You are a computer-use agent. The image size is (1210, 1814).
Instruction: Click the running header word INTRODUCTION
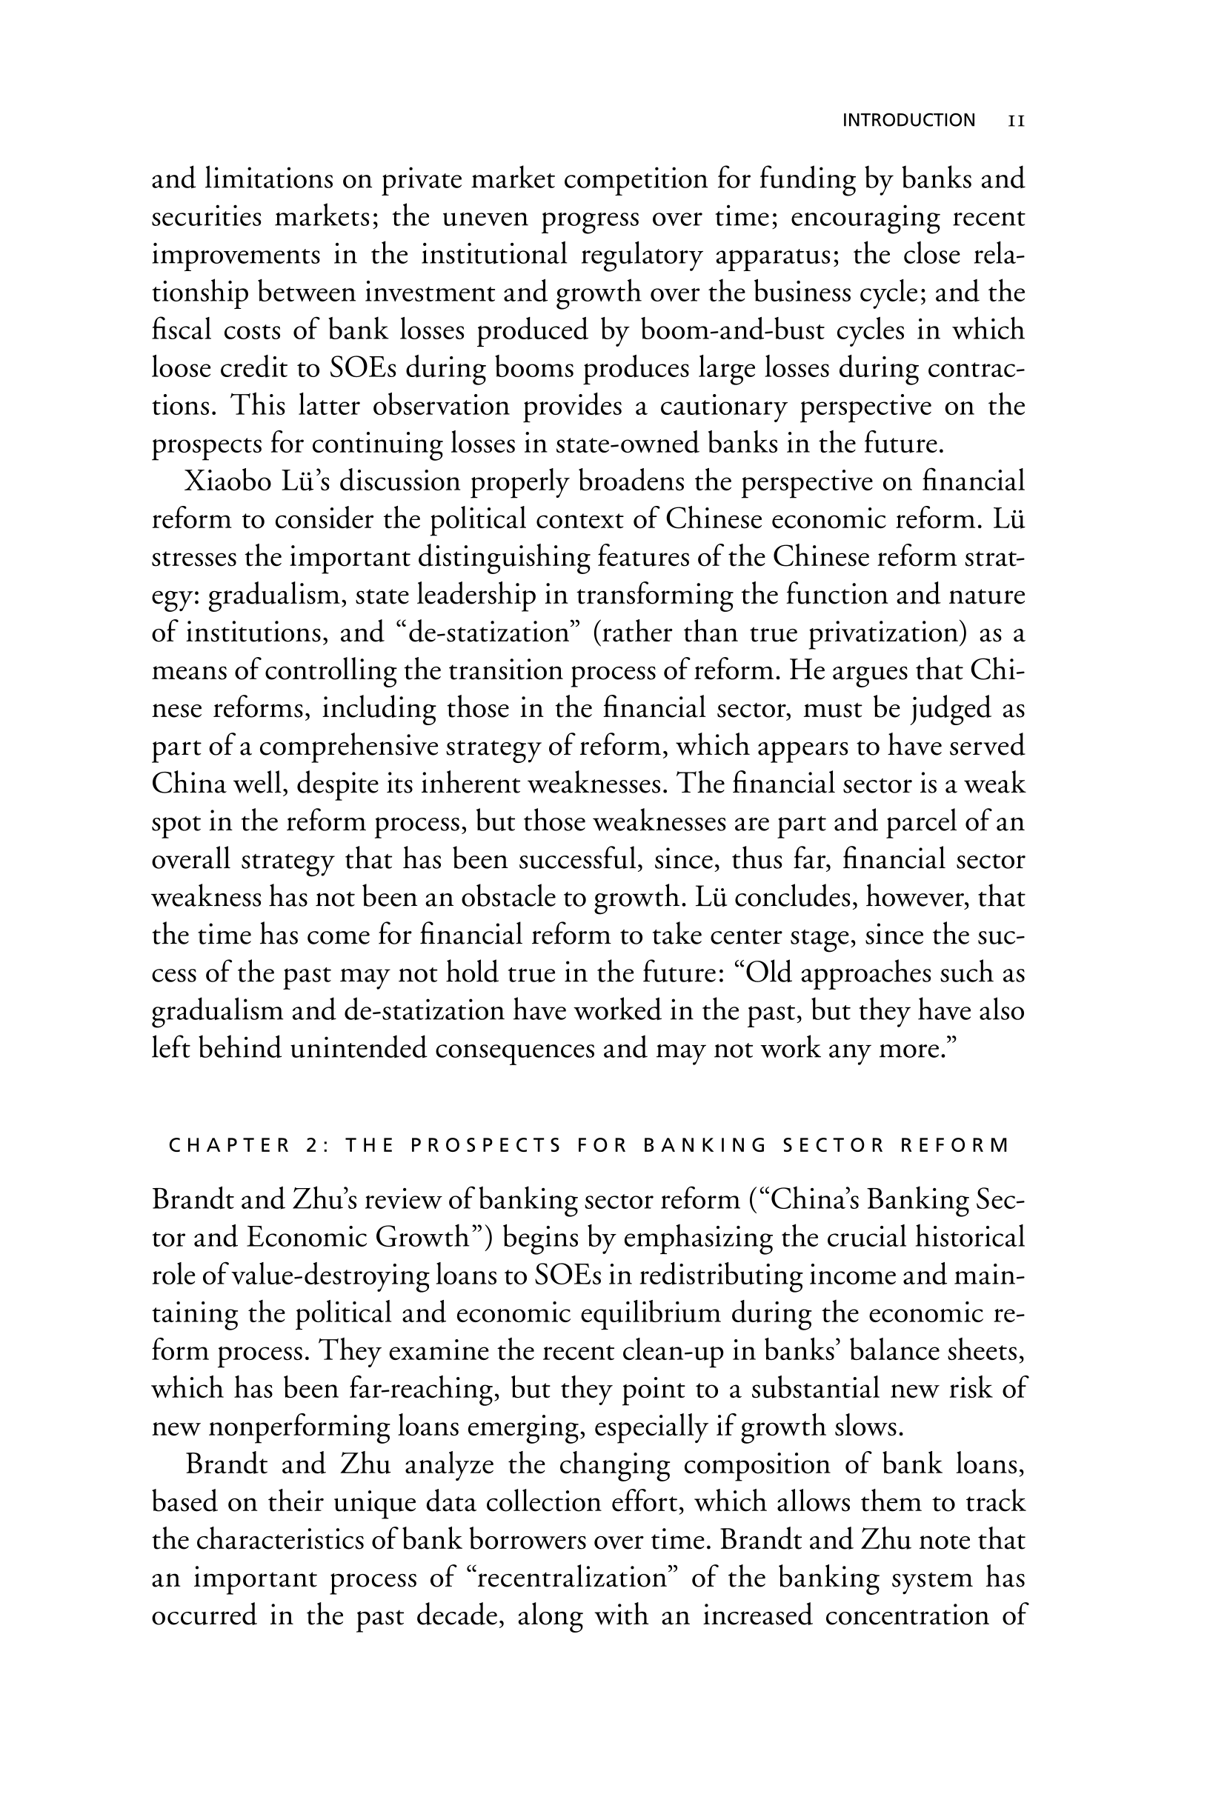tap(908, 120)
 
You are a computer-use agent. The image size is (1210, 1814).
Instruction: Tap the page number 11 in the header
tap(1017, 121)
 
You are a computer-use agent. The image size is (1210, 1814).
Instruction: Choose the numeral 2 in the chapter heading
tap(311, 1145)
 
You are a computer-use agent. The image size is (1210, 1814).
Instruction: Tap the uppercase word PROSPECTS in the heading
tap(486, 1145)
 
